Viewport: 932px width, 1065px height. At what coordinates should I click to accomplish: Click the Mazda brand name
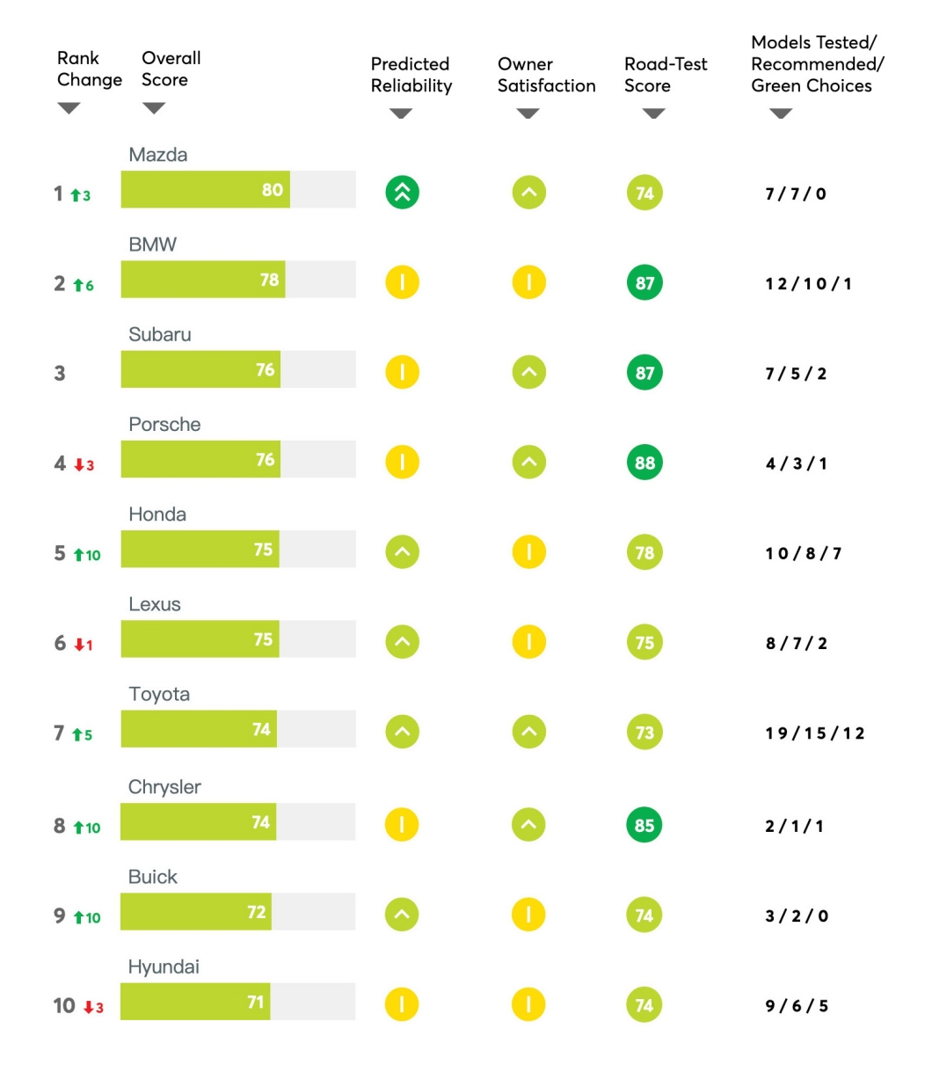tap(157, 155)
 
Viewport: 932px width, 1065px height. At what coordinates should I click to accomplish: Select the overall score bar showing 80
tap(205, 189)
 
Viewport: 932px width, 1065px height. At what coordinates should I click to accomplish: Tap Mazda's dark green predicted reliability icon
tap(402, 192)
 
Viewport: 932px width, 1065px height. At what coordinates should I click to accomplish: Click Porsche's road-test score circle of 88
tap(644, 463)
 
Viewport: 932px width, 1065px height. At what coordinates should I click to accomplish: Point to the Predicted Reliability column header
tap(411, 75)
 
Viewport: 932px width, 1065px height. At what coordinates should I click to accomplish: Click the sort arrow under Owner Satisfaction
tap(528, 113)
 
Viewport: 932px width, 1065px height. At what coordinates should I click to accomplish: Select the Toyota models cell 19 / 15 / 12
tap(814, 733)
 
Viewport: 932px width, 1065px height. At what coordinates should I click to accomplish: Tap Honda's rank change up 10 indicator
tap(86, 555)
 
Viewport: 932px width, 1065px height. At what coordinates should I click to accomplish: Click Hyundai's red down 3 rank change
tap(94, 1007)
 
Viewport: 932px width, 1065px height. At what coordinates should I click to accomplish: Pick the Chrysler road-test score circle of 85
tap(644, 825)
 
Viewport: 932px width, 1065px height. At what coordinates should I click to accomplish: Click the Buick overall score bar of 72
tap(196, 911)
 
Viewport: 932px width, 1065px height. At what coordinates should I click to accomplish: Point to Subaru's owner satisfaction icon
tap(528, 372)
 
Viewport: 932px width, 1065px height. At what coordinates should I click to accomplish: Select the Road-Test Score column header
tap(666, 75)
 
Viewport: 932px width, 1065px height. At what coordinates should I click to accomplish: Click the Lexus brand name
tap(155, 604)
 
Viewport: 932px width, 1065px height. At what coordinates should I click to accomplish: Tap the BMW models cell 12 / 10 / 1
tap(808, 284)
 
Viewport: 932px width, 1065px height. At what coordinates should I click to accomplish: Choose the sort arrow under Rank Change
tap(69, 108)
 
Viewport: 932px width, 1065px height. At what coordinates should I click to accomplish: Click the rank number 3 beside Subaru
tap(60, 373)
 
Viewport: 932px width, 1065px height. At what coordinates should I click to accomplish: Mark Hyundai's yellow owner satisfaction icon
tap(528, 1004)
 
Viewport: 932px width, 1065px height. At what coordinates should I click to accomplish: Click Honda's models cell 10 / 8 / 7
tap(803, 553)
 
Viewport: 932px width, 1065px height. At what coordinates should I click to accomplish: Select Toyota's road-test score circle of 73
tap(644, 732)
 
